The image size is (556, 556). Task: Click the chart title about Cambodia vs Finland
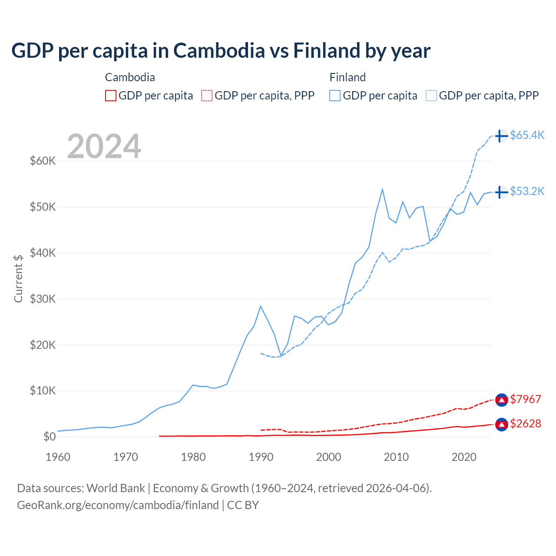tap(221, 51)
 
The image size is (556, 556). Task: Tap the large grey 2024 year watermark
tap(104, 146)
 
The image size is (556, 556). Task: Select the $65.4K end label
tap(527, 135)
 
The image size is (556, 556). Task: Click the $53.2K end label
tap(527, 191)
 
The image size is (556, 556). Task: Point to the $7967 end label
tap(525, 399)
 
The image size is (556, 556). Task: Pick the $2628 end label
tap(525, 424)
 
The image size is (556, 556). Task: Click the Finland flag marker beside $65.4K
tap(501, 136)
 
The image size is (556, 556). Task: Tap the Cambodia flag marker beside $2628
tap(501, 424)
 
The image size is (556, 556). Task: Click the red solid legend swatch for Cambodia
tap(111, 96)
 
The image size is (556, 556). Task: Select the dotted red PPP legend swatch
tap(207, 96)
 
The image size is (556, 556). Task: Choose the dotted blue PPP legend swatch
tap(431, 96)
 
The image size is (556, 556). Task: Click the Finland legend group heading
tap(347, 77)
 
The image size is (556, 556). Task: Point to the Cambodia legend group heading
tap(130, 77)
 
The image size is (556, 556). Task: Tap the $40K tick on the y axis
tap(43, 253)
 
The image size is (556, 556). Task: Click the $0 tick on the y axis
tap(50, 437)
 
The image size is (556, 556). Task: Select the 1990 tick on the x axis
tap(261, 457)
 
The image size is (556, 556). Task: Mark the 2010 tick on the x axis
tap(396, 457)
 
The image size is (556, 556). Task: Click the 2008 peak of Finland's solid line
tap(382, 189)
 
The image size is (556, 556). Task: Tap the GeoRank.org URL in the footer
tap(118, 505)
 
